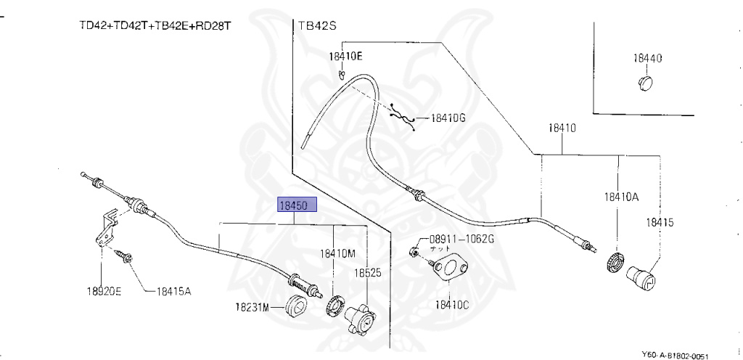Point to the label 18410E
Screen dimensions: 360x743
pyautogui.click(x=345, y=55)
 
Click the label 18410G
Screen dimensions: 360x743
pyautogui.click(x=448, y=118)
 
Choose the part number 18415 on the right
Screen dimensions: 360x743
pyautogui.click(x=660, y=221)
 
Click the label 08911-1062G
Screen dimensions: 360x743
pyautogui.click(x=461, y=239)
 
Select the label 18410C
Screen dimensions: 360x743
pyautogui.click(x=452, y=304)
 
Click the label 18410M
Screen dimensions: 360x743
pyautogui.click(x=337, y=253)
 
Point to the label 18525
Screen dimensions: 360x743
pyautogui.click(x=368, y=273)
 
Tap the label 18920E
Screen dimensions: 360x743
pyautogui.click(x=104, y=292)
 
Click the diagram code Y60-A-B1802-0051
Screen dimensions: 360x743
pyautogui.click(x=674, y=355)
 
